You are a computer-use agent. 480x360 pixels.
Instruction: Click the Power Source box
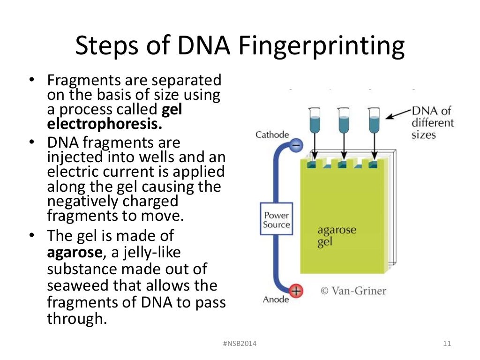277,220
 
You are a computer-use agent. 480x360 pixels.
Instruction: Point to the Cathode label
272,135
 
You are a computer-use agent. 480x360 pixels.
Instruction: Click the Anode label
276,300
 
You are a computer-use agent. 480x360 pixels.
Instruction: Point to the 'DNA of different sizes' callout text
432,123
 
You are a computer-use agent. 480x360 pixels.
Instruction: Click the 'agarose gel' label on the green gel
337,237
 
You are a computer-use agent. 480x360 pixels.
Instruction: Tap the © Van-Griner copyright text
353,291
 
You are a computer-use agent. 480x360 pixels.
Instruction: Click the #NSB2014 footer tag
240,344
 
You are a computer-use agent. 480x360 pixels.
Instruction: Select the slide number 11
446,344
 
